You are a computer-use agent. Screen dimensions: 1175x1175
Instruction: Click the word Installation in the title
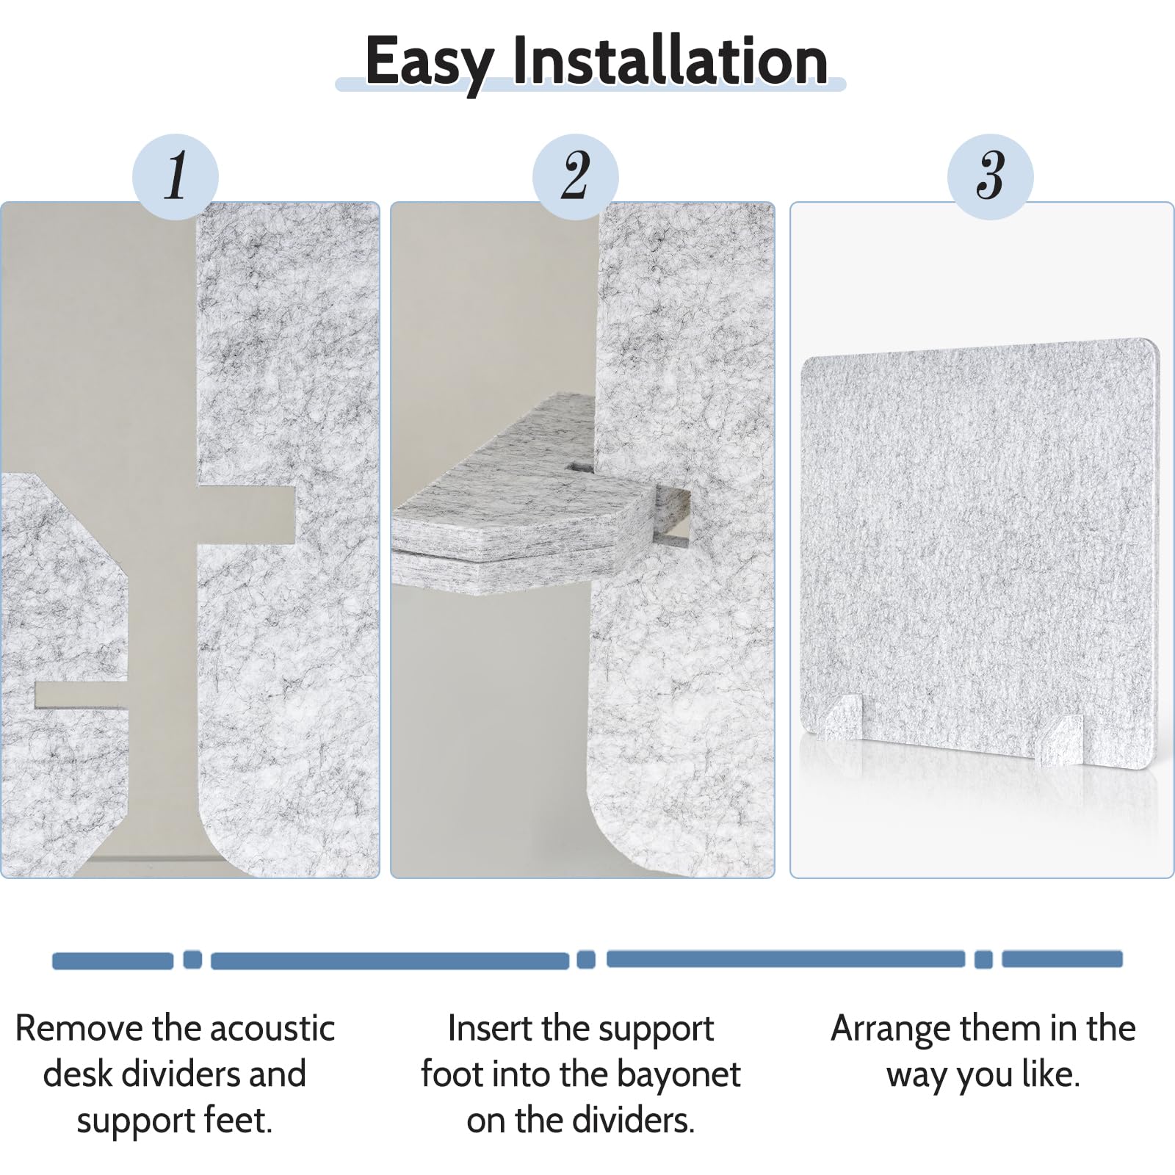tap(670, 59)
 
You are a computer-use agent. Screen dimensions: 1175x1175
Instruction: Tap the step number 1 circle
tap(176, 177)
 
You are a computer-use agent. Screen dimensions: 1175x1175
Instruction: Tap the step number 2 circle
tap(576, 177)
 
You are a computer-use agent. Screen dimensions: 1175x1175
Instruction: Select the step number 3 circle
tap(991, 177)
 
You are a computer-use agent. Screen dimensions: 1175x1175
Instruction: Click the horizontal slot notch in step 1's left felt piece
tap(81, 695)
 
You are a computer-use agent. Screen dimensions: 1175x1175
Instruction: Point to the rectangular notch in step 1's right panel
tap(247, 514)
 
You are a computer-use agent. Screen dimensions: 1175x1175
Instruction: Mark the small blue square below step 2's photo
tap(586, 959)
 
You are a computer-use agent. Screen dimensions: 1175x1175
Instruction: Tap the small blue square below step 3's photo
tap(983, 959)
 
